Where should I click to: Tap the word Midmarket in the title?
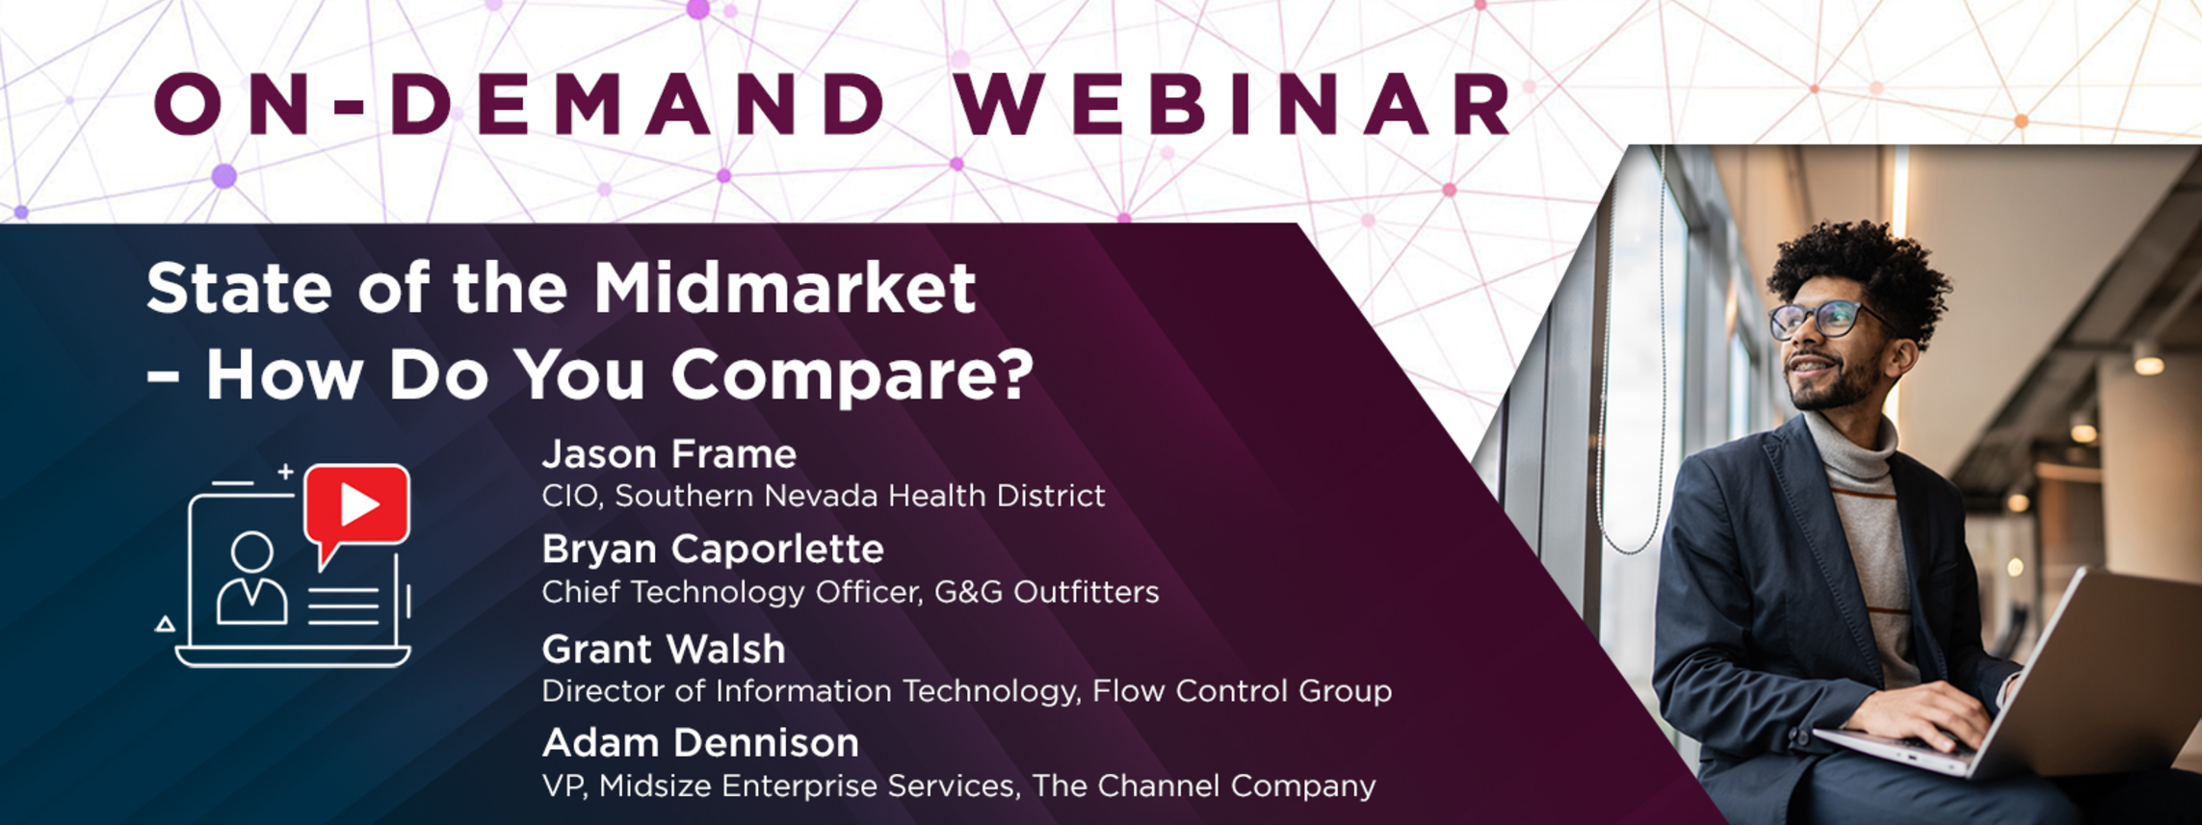pos(784,288)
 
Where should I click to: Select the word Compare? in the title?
pos(852,375)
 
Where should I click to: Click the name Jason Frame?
pos(669,454)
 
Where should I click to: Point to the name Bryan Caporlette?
pos(713,550)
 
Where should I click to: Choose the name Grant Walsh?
pos(664,650)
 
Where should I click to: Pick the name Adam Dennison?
pos(700,743)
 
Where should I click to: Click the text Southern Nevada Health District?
pos(860,496)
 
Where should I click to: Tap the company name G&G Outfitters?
pos(1047,592)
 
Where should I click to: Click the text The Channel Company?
pos(1204,786)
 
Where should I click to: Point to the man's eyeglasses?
pos(1825,319)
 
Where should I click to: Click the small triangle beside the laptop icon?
pos(166,624)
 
